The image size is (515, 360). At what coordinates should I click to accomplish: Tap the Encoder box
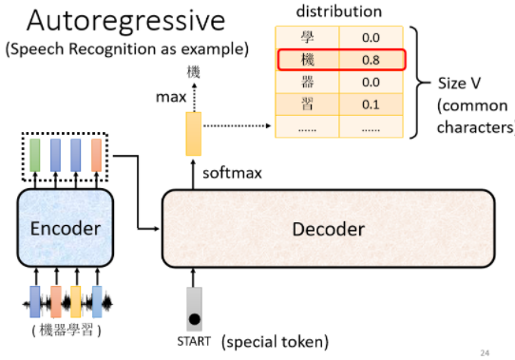pyautogui.click(x=66, y=229)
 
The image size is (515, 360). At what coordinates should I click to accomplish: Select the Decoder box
pyautogui.click(x=328, y=229)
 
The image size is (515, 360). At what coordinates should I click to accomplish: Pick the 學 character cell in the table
pyautogui.click(x=305, y=36)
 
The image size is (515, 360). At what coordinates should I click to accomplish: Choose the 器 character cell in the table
pyautogui.click(x=305, y=82)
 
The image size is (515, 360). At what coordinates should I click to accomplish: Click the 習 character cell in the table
pyautogui.click(x=305, y=104)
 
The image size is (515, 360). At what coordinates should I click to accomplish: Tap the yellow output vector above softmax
pyautogui.click(x=194, y=134)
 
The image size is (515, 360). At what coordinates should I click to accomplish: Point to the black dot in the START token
pyautogui.click(x=194, y=318)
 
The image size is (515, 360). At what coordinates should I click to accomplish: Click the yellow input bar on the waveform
pyautogui.click(x=77, y=301)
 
